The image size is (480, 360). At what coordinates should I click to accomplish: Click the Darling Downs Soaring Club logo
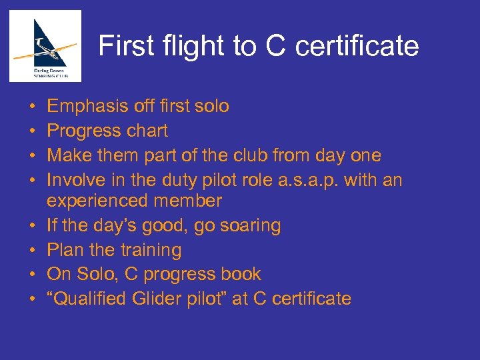click(x=45, y=46)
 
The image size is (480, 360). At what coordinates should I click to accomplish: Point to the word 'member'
click(x=195, y=201)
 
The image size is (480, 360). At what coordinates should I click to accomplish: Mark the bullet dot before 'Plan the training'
click(x=33, y=251)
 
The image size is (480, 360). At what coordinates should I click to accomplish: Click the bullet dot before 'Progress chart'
click(x=33, y=131)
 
